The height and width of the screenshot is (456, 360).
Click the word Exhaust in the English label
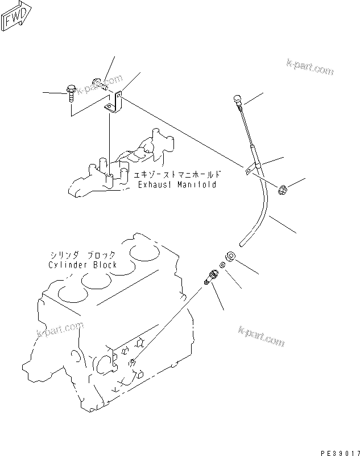(154, 186)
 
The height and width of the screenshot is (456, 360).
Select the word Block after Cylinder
(105, 265)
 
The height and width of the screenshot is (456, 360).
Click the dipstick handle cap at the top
(237, 101)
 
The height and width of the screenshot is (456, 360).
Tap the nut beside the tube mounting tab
(283, 188)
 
